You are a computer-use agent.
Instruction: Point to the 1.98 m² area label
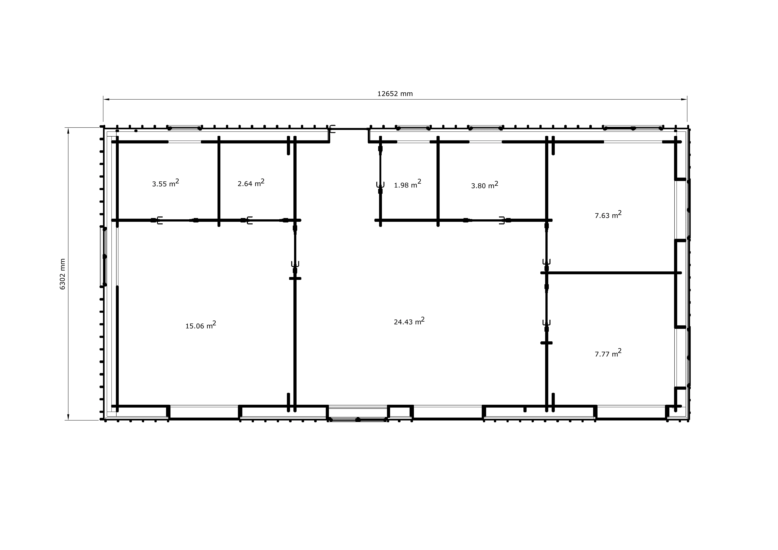(x=407, y=184)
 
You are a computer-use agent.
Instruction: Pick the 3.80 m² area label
(x=485, y=185)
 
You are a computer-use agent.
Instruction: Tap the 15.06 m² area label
(x=201, y=325)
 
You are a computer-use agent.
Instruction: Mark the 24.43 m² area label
(x=409, y=321)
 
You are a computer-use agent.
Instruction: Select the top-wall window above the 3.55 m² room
(x=185, y=128)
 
